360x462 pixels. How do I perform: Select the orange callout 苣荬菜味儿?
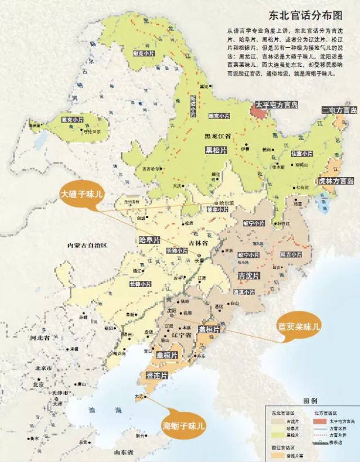[299, 325]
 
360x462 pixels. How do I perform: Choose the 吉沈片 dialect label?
[249, 275]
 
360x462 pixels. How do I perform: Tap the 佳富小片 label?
[301, 153]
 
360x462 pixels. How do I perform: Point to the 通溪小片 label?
[244, 292]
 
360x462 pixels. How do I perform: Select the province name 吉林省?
[198, 243]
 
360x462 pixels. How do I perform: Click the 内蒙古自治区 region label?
[87, 245]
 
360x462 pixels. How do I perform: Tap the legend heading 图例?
[310, 401]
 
